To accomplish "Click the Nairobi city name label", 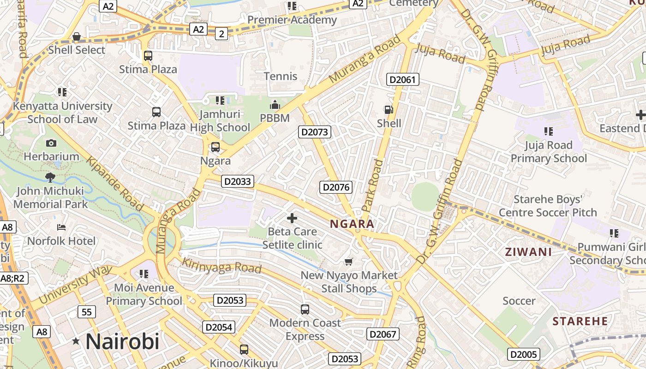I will tap(122, 342).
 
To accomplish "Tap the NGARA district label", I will tap(352, 224).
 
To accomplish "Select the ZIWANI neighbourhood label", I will tap(528, 252).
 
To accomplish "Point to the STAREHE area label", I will tap(580, 321).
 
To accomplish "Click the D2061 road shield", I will tap(403, 80).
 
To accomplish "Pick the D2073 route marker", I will tap(315, 132).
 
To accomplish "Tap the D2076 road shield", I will tap(336, 187).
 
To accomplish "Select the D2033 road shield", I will tap(238, 181).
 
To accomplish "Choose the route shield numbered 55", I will tap(87, 312).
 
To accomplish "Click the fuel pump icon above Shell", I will tap(389, 110).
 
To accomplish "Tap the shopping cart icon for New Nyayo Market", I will tap(349, 262).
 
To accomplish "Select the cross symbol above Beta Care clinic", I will tap(292, 218).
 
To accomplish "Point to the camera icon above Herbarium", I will tap(51, 143).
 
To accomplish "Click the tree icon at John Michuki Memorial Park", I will tap(50, 178).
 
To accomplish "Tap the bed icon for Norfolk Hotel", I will tap(61, 227).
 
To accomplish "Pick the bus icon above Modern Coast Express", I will tap(305, 309).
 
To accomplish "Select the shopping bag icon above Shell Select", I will tap(77, 36).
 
